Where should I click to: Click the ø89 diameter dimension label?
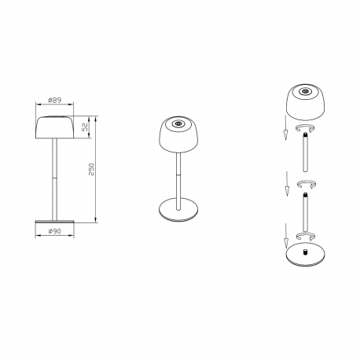point(55,100)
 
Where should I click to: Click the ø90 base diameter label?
point(55,231)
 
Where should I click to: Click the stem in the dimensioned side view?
point(55,177)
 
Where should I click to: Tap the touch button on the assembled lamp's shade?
point(178,124)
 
